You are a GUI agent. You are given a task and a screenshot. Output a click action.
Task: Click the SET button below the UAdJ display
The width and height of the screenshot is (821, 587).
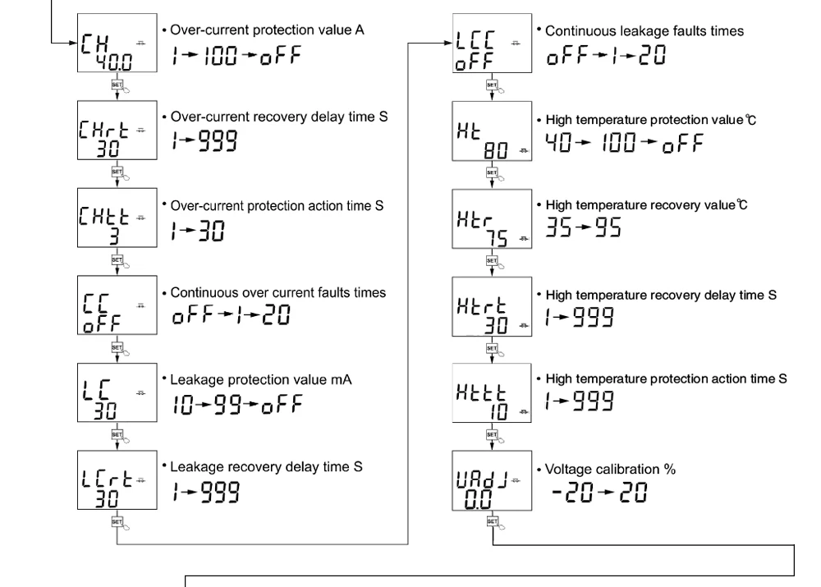(x=491, y=521)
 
